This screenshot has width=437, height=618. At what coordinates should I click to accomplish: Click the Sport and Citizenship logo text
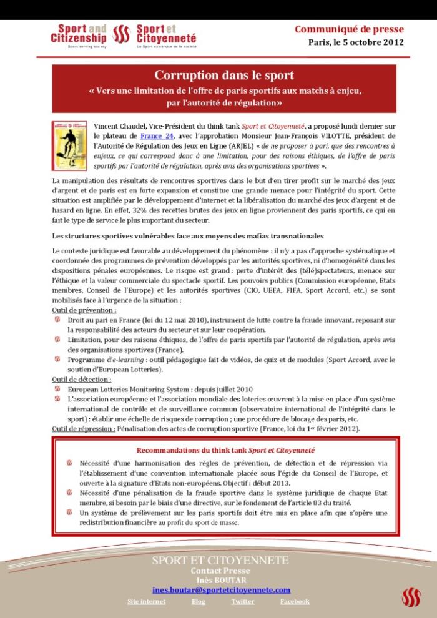[x=79, y=34]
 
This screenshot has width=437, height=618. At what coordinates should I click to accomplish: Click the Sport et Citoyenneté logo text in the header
[x=166, y=34]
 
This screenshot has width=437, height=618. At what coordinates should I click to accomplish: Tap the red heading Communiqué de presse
[x=349, y=29]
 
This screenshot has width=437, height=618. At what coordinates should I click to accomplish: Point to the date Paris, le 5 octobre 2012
[x=356, y=42]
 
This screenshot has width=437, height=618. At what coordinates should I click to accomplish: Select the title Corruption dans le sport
[x=224, y=76]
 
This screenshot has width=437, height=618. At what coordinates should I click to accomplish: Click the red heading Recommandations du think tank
[x=225, y=450]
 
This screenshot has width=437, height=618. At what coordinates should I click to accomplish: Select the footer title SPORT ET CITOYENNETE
[x=220, y=561]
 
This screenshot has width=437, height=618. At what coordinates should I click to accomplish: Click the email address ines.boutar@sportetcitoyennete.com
[x=221, y=590]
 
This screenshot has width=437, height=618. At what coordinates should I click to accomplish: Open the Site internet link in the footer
[x=147, y=601]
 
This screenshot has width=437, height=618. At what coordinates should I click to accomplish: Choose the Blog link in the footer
[x=198, y=601]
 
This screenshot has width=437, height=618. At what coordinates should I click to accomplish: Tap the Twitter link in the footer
[x=242, y=601]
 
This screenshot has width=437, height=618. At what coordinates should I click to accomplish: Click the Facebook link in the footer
[x=295, y=601]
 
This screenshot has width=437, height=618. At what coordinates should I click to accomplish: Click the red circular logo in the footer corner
[x=411, y=598]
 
